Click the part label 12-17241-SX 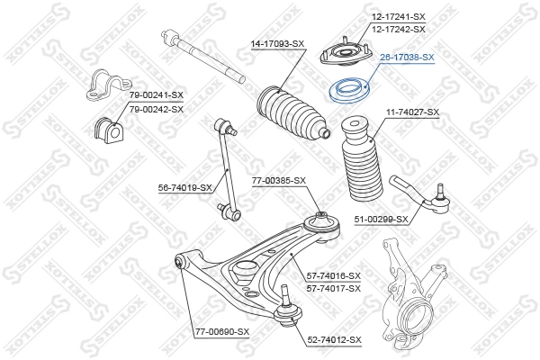click(x=399, y=17)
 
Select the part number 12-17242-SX click(x=399, y=29)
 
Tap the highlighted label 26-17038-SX click(x=407, y=57)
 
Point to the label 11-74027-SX click(x=413, y=112)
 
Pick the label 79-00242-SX click(x=156, y=109)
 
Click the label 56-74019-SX click(x=185, y=187)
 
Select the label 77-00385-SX click(x=279, y=180)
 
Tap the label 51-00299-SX click(x=382, y=219)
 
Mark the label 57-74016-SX click(x=334, y=275)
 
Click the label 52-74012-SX click(x=335, y=339)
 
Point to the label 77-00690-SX click(x=221, y=332)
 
